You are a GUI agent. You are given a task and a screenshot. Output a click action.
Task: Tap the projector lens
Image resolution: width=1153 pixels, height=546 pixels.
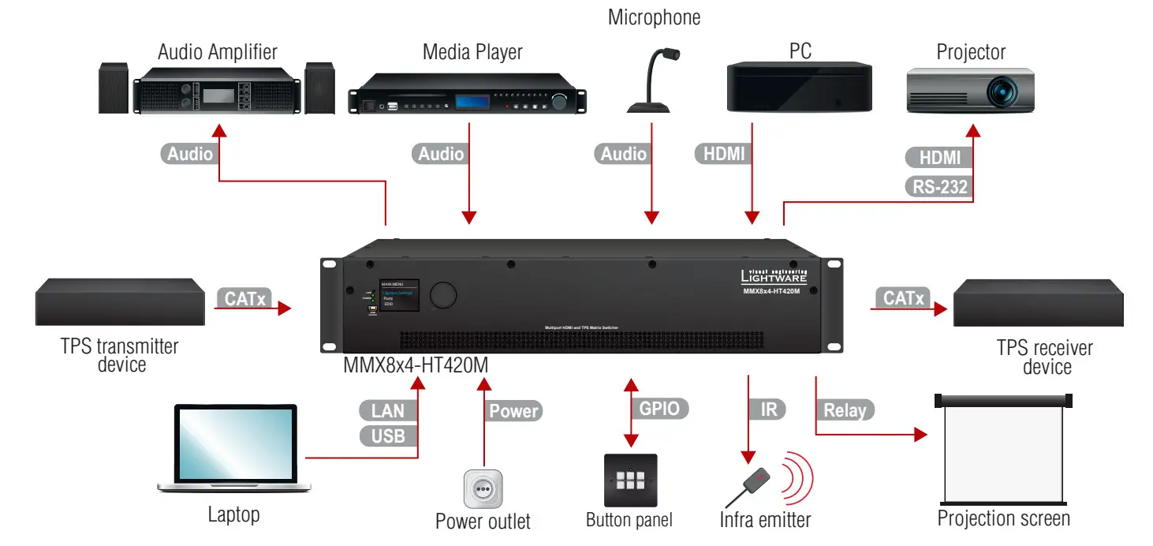(x=1005, y=92)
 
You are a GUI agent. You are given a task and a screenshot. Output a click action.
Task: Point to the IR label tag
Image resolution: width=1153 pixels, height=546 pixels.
(x=768, y=409)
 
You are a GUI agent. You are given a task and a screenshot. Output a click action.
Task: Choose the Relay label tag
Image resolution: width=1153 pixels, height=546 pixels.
(x=845, y=410)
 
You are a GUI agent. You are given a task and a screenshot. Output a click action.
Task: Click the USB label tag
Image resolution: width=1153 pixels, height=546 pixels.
(x=387, y=436)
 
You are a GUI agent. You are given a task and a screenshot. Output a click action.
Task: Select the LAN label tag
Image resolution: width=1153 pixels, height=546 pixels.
(x=387, y=410)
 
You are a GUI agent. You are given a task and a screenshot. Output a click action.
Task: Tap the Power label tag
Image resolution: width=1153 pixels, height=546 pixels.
(x=513, y=410)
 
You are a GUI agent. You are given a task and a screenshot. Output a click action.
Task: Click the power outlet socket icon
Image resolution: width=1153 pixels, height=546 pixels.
(x=483, y=489)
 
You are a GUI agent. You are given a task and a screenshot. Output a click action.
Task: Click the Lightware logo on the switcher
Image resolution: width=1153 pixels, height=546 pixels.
(x=773, y=275)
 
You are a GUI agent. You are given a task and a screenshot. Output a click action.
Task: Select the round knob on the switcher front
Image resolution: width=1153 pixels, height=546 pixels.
(x=442, y=294)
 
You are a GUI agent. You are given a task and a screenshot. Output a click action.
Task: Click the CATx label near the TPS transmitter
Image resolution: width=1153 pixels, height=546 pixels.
(x=244, y=298)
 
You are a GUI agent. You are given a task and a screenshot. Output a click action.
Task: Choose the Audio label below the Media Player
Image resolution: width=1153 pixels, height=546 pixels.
(x=441, y=154)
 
